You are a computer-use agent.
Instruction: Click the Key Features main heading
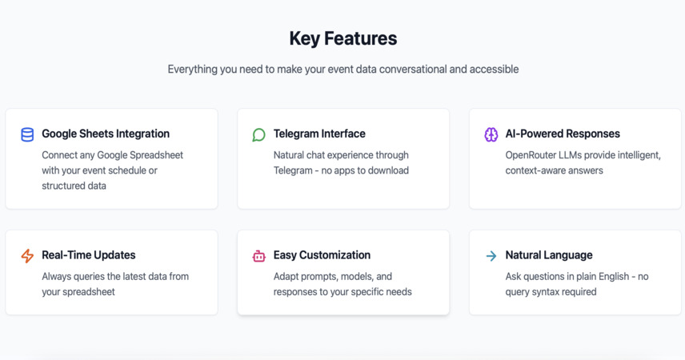(x=343, y=38)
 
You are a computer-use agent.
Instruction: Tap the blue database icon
(x=27, y=134)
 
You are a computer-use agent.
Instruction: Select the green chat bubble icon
(x=258, y=134)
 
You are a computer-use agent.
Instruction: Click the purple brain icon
(x=491, y=134)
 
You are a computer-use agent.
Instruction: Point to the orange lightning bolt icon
(x=27, y=255)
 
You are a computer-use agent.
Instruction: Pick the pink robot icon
(x=258, y=256)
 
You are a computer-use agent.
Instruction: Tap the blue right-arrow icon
(x=491, y=256)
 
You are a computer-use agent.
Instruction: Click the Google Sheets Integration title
(x=106, y=134)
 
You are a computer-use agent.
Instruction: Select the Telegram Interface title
(x=319, y=134)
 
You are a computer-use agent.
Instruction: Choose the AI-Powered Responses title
(x=563, y=134)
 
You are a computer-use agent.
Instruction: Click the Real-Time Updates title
(x=89, y=255)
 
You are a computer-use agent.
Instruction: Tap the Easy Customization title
(x=322, y=255)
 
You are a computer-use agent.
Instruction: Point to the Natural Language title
(x=549, y=255)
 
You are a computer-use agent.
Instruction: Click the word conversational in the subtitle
(x=412, y=69)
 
